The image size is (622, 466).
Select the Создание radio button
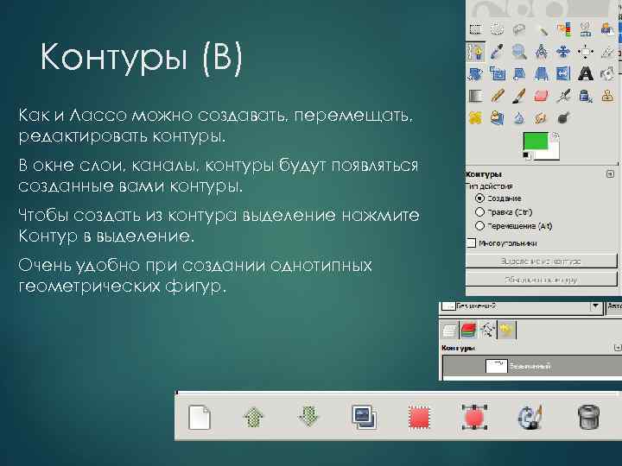479,198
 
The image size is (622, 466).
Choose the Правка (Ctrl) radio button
479,211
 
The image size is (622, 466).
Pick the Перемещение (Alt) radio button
479,224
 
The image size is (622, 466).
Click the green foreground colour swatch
539,142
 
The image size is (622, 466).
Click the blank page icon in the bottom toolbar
200,419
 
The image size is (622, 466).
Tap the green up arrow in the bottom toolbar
253,419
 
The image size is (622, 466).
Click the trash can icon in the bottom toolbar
587,419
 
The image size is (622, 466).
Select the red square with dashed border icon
421,419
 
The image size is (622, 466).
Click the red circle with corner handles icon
473,419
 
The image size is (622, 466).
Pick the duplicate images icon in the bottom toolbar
363,419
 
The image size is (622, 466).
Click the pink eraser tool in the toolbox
541,95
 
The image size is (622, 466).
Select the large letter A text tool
586,73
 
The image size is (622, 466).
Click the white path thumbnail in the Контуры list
496,366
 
